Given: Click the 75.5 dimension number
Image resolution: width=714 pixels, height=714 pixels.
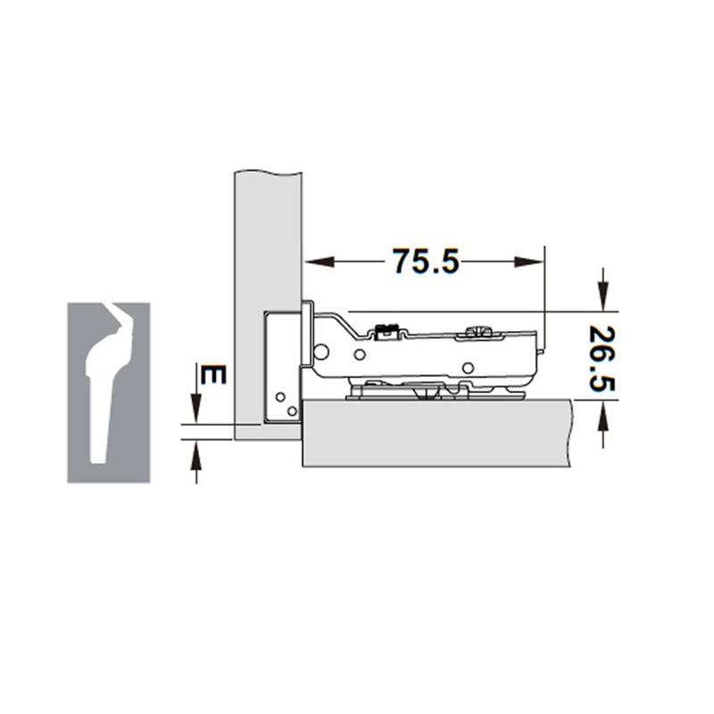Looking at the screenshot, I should point(425,262).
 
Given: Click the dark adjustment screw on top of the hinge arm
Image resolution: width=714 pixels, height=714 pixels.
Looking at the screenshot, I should point(387,330).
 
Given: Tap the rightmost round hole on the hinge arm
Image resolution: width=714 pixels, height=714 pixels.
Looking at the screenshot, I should point(467,366).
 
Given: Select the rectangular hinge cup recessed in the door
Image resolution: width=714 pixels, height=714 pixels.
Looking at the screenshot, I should point(284,366).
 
